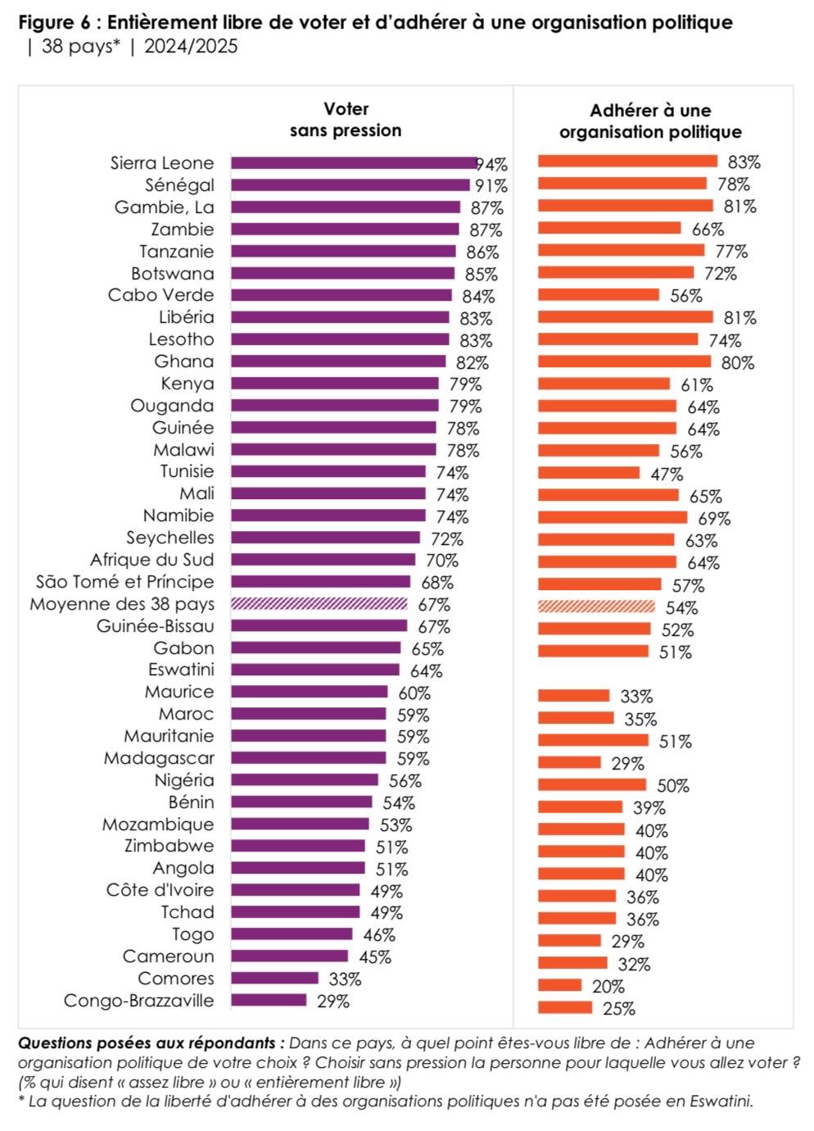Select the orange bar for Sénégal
tap(622, 184)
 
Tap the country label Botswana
tap(173, 274)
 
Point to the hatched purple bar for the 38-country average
tap(319, 604)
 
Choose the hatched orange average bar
tap(596, 606)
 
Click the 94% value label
tap(492, 165)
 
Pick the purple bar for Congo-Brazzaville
tap(269, 1000)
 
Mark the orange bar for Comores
tap(559, 985)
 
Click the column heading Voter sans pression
tap(346, 120)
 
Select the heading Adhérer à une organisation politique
tap(650, 121)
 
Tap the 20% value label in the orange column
tap(608, 987)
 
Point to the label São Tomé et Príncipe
tap(124, 582)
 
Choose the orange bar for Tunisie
tap(588, 473)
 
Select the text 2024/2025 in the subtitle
tap(191, 47)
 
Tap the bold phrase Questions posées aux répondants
tap(151, 1043)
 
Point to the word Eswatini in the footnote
tap(720, 1101)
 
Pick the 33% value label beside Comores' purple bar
tap(345, 979)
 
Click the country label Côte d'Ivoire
tap(161, 890)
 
